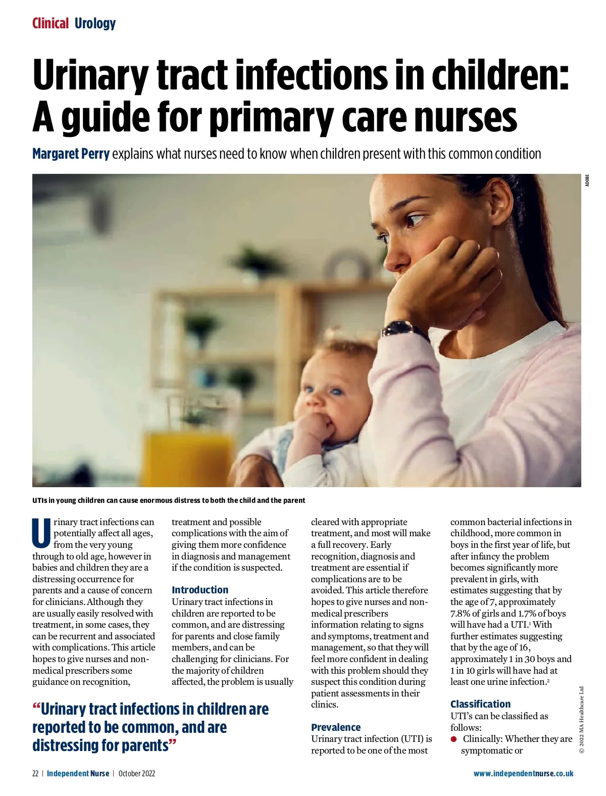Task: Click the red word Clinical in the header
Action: click(x=50, y=23)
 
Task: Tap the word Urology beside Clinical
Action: click(x=95, y=23)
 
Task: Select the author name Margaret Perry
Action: click(x=71, y=154)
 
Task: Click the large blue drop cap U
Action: click(x=41, y=533)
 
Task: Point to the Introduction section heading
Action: click(x=199, y=590)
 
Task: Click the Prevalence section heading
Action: click(x=336, y=727)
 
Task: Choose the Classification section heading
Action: click(x=480, y=704)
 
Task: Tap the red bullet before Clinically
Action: click(x=454, y=739)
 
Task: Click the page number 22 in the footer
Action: click(x=35, y=773)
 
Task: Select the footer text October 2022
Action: click(x=137, y=773)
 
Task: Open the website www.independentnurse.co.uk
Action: click(x=523, y=773)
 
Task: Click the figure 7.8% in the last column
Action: click(x=460, y=614)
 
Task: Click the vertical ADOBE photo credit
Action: click(x=587, y=180)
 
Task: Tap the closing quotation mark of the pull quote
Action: click(x=173, y=743)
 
